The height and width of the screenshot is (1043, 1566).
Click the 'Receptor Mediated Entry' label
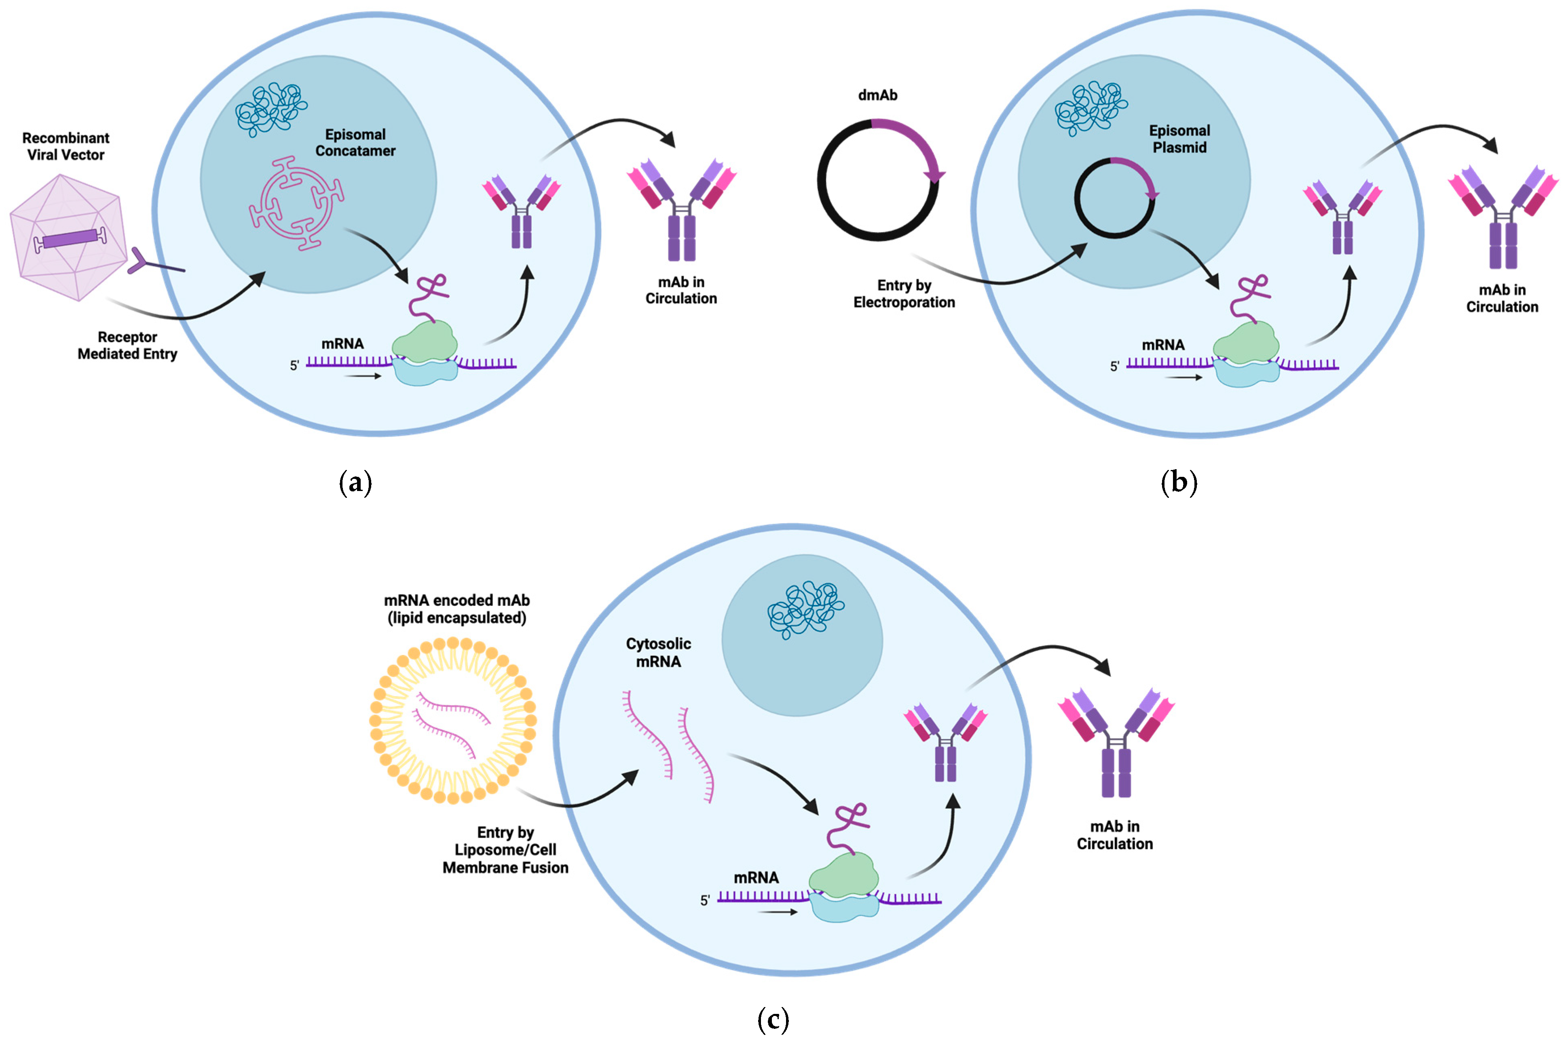point(127,345)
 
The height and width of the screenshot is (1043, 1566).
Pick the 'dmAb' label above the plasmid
point(877,95)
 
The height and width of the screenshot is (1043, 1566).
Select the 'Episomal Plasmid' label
point(1179,139)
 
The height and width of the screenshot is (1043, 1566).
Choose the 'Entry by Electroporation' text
point(904,293)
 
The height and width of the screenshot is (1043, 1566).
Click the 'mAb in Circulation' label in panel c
point(1115,835)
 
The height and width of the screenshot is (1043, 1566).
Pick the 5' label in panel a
point(295,365)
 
